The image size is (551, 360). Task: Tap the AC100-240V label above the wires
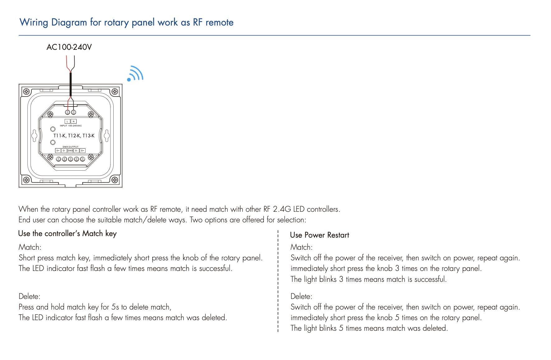click(69, 47)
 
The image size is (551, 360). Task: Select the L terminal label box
click(67, 121)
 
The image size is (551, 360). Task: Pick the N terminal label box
click(74, 121)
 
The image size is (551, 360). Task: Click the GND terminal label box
click(70, 151)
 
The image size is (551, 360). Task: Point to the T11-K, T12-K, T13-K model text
click(74, 136)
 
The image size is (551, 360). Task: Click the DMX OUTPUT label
click(71, 147)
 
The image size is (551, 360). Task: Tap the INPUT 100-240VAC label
click(71, 126)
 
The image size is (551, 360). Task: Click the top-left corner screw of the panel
click(26, 92)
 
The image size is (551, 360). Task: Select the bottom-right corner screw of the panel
click(115, 180)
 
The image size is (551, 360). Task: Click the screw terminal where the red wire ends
click(68, 112)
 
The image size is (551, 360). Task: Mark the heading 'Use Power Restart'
click(319, 235)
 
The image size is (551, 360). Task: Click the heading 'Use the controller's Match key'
click(67, 234)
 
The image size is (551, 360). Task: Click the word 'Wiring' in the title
click(34, 22)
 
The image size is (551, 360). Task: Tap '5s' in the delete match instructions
click(115, 307)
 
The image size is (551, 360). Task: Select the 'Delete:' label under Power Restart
click(301, 296)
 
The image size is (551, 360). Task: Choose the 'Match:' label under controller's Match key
click(30, 247)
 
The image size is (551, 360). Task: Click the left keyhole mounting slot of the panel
click(35, 135)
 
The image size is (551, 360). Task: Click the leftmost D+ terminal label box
click(58, 151)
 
